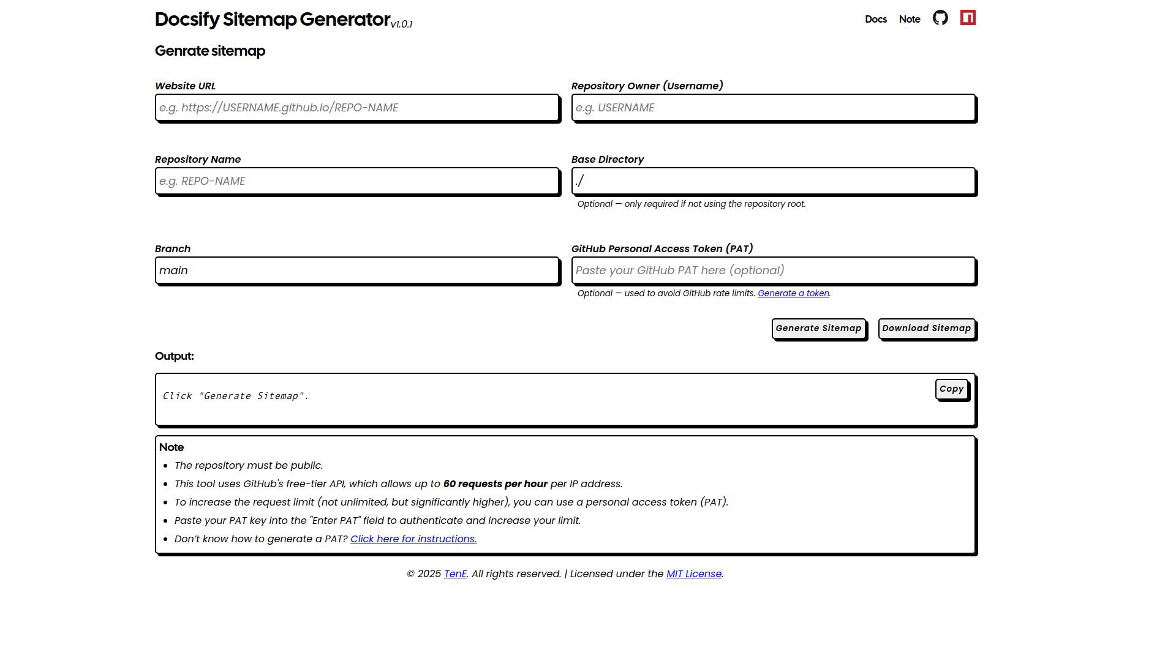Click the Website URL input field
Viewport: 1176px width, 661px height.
coord(357,108)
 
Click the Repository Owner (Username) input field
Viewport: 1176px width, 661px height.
coord(773,108)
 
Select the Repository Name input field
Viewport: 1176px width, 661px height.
coord(357,181)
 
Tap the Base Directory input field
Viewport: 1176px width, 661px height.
coord(773,181)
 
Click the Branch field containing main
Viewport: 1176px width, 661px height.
coord(357,271)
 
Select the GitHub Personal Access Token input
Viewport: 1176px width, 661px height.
coord(773,271)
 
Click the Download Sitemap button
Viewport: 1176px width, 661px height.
coord(926,329)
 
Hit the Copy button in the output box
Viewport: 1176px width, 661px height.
coord(951,389)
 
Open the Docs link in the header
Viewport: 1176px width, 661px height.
coord(876,20)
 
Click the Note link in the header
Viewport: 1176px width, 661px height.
coord(910,20)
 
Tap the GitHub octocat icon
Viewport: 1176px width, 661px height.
coord(940,18)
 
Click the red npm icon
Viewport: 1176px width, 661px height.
coord(968,18)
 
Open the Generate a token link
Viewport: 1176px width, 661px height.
coord(793,294)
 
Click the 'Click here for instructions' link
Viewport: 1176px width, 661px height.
coord(413,539)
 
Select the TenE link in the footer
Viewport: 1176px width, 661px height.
coord(455,574)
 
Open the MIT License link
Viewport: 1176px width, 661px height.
coord(694,574)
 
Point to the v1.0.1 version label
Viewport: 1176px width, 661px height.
coord(402,24)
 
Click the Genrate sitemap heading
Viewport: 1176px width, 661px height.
coord(210,51)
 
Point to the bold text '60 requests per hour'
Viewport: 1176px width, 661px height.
coord(495,484)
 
